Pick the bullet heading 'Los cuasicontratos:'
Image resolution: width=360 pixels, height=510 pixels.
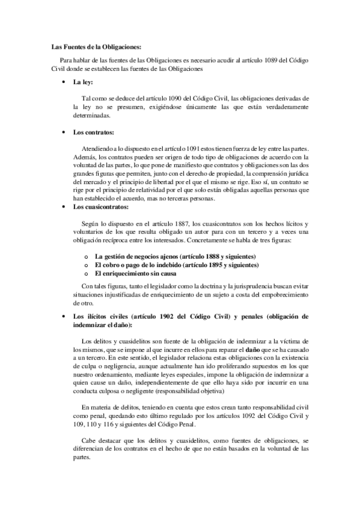pyautogui.click(x=100, y=207)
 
